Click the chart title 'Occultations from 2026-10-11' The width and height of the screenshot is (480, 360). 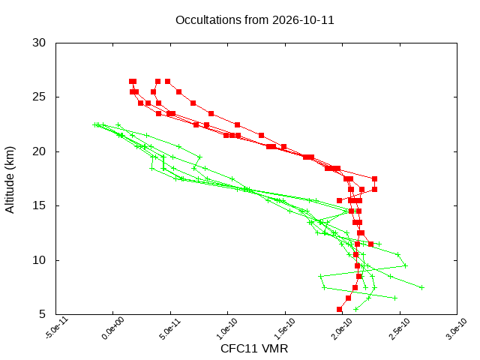tap(254, 20)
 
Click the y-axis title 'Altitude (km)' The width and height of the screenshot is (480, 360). tap(10, 180)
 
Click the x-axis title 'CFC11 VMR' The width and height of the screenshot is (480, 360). tap(254, 349)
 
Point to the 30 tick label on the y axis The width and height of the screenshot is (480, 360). tap(39, 43)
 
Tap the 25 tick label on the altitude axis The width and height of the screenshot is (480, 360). tap(39, 97)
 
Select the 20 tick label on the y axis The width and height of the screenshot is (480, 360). tap(39, 151)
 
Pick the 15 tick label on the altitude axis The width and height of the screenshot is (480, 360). tap(39, 205)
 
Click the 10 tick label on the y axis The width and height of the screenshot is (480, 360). tap(39, 260)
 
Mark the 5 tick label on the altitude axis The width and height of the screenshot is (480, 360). tap(42, 314)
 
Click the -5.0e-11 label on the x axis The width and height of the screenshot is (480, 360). tap(57, 328)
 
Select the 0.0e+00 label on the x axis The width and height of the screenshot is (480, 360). tap(113, 328)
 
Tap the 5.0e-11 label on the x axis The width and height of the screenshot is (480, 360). tap(170, 329)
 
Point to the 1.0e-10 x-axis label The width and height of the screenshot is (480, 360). tap(227, 329)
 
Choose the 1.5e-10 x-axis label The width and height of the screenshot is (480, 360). tap(285, 329)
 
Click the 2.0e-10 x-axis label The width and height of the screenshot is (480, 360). tap(342, 329)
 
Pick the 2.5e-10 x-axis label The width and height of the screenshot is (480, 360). tap(400, 329)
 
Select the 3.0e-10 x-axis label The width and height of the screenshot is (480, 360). tap(457, 329)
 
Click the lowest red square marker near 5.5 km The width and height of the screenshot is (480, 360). tap(339, 309)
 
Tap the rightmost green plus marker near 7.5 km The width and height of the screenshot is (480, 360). tap(421, 287)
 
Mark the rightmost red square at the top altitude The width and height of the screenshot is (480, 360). tap(167, 82)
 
